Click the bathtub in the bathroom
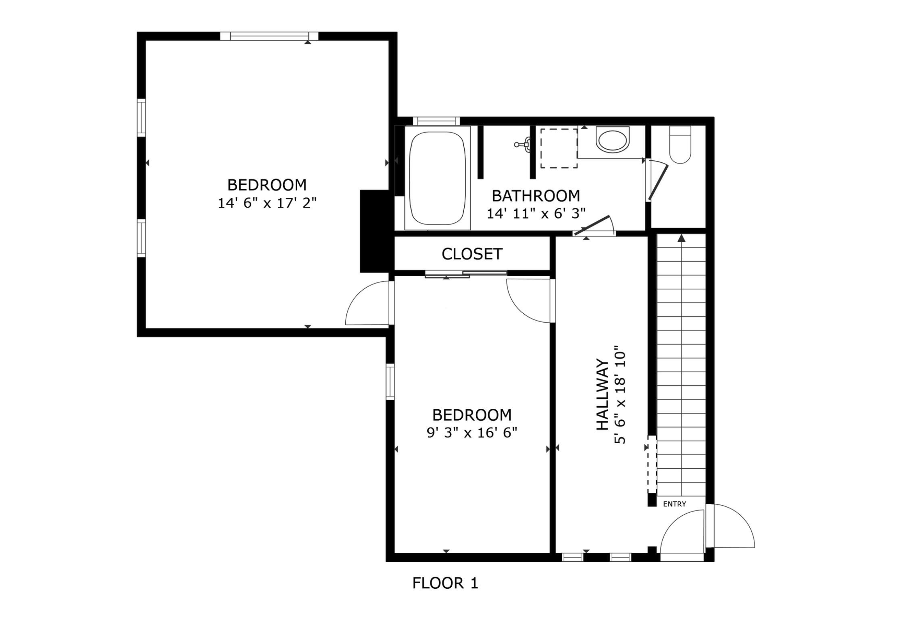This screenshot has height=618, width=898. [437, 178]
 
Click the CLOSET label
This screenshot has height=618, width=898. [472, 254]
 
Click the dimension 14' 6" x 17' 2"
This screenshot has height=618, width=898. [267, 203]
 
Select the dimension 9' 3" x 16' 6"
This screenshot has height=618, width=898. [472, 433]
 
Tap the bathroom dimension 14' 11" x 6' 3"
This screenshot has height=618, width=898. [536, 213]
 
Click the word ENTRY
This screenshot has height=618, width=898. [674, 504]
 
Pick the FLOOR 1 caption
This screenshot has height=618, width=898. [445, 583]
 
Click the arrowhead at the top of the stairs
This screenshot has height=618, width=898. [681, 238]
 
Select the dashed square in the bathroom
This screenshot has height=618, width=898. [559, 148]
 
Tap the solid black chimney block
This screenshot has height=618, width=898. [374, 231]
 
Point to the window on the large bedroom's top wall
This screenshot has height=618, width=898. [269, 36]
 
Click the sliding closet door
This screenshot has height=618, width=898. [466, 274]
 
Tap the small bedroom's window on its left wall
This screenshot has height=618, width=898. [390, 381]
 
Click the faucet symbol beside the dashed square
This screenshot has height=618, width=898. [524, 144]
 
